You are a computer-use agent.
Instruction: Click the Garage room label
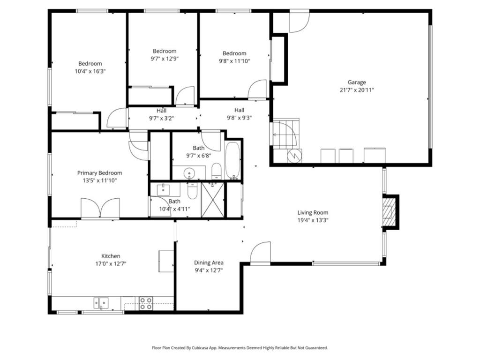(x=357, y=82)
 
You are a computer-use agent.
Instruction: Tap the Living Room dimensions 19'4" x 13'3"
(x=313, y=220)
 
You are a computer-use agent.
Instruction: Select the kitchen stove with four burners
(x=146, y=303)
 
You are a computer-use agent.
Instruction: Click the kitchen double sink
(x=101, y=303)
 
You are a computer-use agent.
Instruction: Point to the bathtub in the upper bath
(x=232, y=160)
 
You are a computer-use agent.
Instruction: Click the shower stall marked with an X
(x=213, y=199)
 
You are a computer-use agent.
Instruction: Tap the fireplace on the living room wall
(x=390, y=212)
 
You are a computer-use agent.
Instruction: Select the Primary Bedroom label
(x=99, y=173)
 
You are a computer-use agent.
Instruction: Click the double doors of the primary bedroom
(x=100, y=209)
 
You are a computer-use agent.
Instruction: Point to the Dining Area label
(x=209, y=262)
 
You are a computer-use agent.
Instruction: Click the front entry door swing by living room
(x=261, y=252)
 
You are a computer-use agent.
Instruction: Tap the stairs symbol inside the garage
(x=286, y=134)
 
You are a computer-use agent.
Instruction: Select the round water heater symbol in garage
(x=294, y=156)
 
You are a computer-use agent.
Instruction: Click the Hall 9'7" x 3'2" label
(x=162, y=114)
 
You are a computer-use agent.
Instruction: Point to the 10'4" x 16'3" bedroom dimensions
(x=90, y=71)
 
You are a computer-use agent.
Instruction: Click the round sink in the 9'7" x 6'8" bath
(x=189, y=173)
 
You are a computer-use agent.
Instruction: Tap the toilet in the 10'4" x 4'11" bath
(x=192, y=191)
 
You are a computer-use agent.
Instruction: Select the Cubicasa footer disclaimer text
(x=240, y=348)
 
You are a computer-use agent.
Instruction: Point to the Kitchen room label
(x=111, y=256)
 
